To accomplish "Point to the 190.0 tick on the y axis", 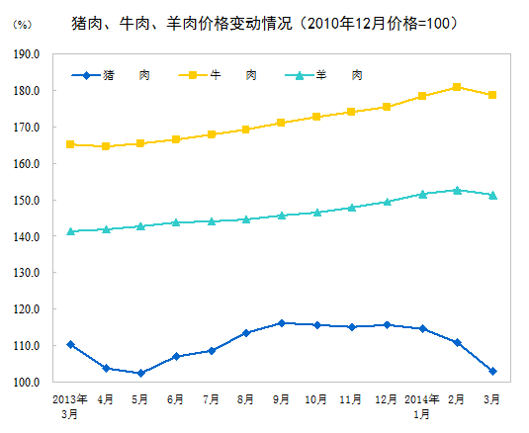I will click(28, 54).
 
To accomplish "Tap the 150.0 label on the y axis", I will click(28, 201).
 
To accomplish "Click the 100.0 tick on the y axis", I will click(28, 383).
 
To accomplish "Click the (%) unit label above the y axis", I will click(22, 23).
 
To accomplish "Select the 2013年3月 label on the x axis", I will click(70, 406).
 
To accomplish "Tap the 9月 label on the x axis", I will click(281, 399).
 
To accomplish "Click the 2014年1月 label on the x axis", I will click(421, 406).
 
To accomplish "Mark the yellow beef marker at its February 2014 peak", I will click(457, 87).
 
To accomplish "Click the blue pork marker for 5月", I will click(140, 373).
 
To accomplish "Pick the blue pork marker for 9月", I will click(281, 323).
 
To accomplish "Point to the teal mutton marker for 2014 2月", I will click(457, 190).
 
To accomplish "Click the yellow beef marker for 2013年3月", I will click(70, 144).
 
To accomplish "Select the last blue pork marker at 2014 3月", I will click(492, 371).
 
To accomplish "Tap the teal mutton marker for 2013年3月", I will click(70, 231).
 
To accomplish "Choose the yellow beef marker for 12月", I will click(387, 107).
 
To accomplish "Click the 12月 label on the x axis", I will click(387, 399).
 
